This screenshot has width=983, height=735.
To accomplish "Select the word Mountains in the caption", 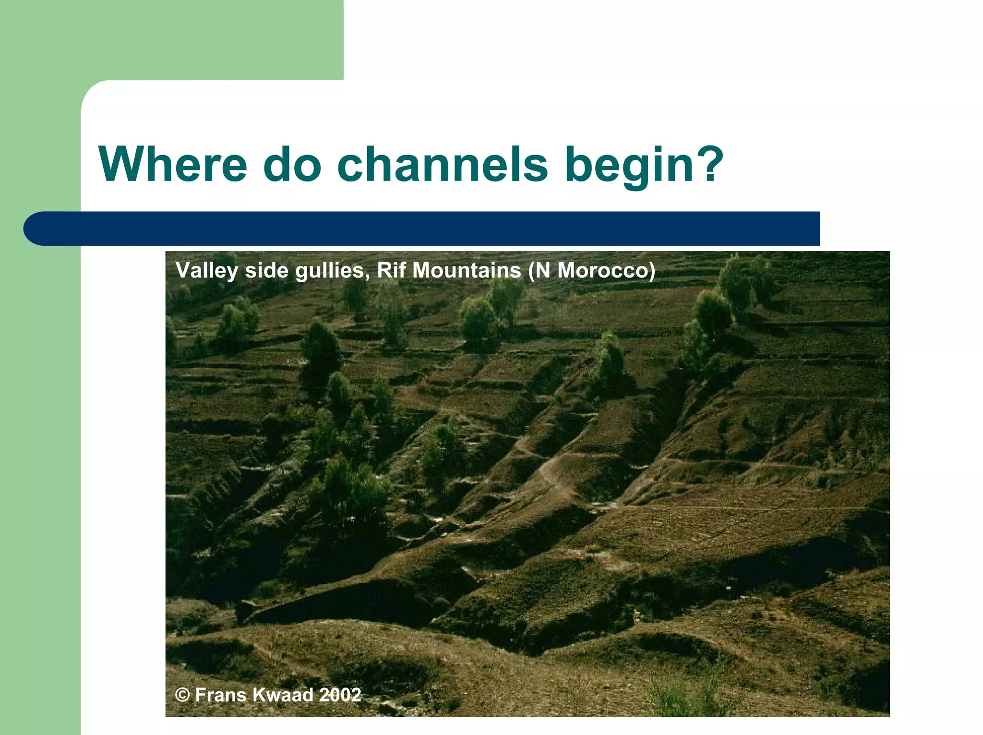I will point(467,270).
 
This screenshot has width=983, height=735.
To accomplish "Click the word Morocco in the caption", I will point(606,270).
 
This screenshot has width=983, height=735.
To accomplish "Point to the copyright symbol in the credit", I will point(182,695).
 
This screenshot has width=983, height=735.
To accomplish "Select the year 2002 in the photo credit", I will point(340,695).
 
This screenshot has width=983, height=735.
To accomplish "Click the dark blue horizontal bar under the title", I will point(432,229).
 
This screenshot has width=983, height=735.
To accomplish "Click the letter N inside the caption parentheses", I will point(543,270).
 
